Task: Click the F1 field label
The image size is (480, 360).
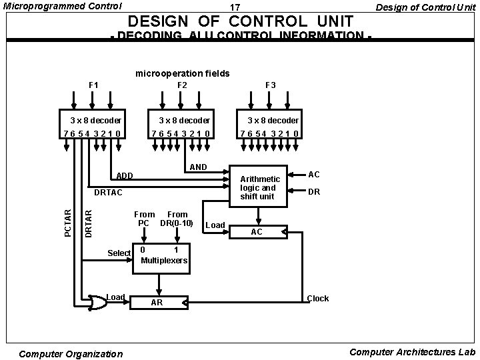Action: click(x=94, y=85)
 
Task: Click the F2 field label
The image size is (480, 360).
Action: click(x=182, y=85)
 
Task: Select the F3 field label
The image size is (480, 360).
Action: click(x=271, y=85)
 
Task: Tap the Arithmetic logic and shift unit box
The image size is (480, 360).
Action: click(x=259, y=187)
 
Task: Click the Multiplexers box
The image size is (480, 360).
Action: click(x=164, y=255)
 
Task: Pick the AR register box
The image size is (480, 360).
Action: click(x=158, y=303)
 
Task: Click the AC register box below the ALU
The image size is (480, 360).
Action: click(x=257, y=232)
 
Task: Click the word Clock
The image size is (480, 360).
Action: click(x=318, y=299)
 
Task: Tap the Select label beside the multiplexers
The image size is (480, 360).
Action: click(x=119, y=253)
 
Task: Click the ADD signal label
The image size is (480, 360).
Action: click(x=125, y=177)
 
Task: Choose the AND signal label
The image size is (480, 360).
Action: click(x=199, y=167)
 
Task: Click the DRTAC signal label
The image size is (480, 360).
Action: click(x=108, y=193)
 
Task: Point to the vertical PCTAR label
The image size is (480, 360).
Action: click(x=68, y=223)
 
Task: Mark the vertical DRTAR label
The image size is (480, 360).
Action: click(x=89, y=223)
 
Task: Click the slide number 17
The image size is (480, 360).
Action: click(x=234, y=7)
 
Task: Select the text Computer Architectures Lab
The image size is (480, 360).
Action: click(x=412, y=352)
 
